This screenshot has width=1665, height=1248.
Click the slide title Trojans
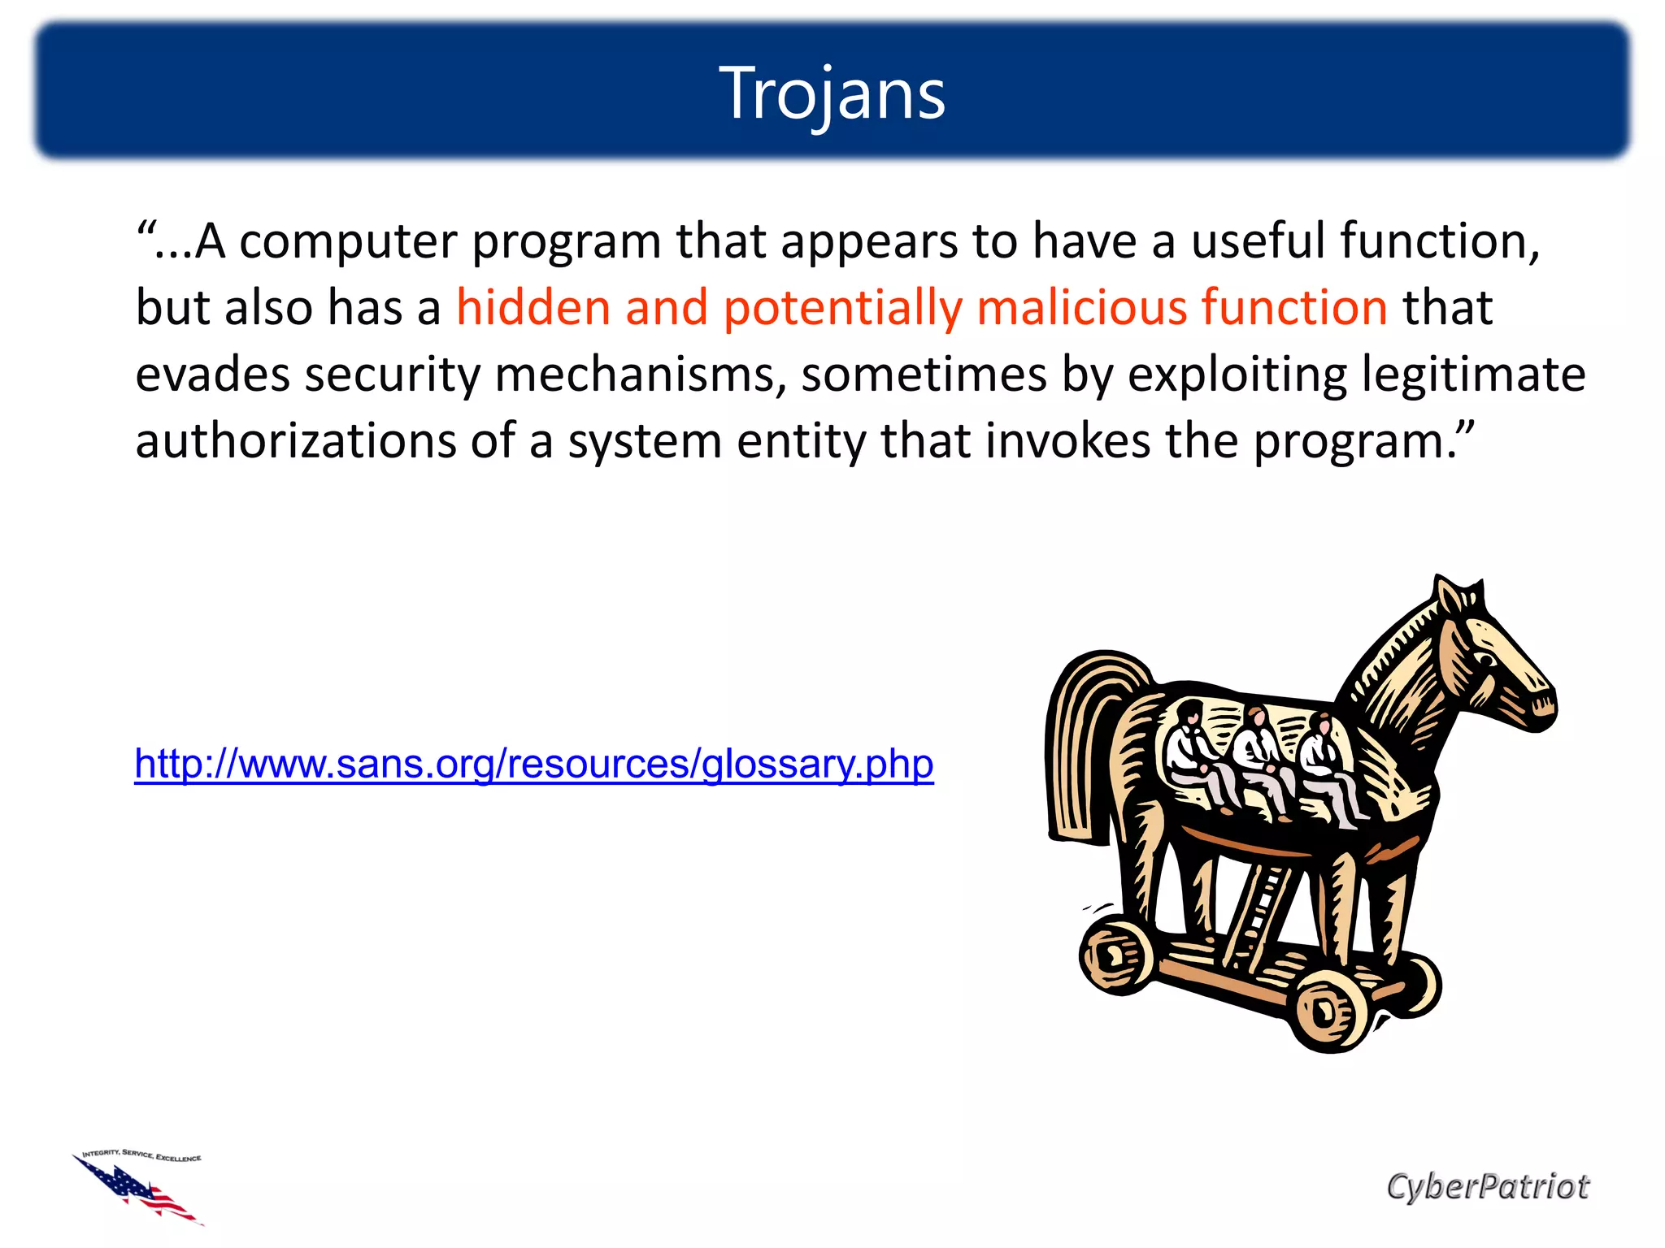pos(832,94)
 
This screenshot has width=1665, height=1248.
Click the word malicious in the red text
pos(1080,309)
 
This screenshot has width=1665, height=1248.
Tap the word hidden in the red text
pos(533,309)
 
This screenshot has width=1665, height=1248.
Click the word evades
pos(212,375)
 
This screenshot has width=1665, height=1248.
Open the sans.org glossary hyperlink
pos(534,764)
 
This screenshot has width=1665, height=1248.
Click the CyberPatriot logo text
pos(1487,1186)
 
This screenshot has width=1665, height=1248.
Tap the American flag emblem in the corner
pos(138,1186)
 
